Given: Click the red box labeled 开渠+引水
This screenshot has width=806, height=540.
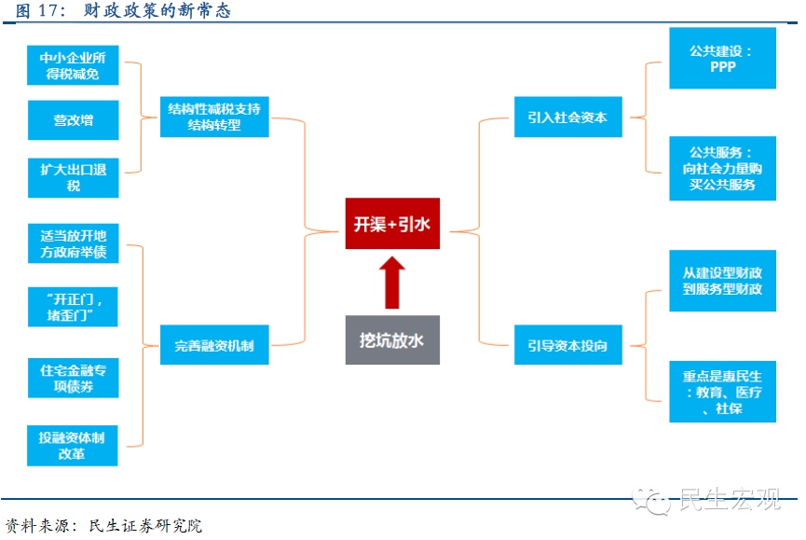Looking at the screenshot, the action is pos(392,223).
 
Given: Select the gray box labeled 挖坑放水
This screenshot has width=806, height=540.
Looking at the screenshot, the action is pos(392,339).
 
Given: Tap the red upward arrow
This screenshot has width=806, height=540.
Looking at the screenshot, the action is pos(392,283).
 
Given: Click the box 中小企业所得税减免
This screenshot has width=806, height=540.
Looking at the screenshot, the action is pos(73,65).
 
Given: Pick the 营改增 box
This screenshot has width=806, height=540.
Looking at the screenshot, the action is pos(73,119).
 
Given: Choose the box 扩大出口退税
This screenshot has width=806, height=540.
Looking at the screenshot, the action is pos(73,177).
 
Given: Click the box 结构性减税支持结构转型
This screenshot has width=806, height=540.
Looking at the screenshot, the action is pos(214,117).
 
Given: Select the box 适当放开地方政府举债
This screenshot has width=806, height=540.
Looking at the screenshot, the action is pos(73,243).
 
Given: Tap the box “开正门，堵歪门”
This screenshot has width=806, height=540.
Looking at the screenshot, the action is pos(73,307).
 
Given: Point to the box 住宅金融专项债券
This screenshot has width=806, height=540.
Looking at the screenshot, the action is pos(73,378).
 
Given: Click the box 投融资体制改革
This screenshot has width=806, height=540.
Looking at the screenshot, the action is pos(73,446).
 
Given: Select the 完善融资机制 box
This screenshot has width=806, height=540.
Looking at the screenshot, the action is pos(214,344).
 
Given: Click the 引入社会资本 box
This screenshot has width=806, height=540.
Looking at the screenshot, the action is pos(568,117).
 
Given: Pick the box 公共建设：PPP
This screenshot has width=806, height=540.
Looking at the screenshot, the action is pos(722,58).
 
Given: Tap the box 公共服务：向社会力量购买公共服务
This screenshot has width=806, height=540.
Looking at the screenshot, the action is pos(722,168).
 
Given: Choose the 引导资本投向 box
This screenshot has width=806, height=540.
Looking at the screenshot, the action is pos(568,344).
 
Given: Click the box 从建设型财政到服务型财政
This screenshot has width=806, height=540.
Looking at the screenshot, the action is pos(722,281).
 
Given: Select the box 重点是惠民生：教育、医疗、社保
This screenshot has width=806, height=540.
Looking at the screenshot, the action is pos(722,392).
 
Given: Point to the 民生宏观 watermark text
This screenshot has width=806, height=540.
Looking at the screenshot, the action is pos(731,498).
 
